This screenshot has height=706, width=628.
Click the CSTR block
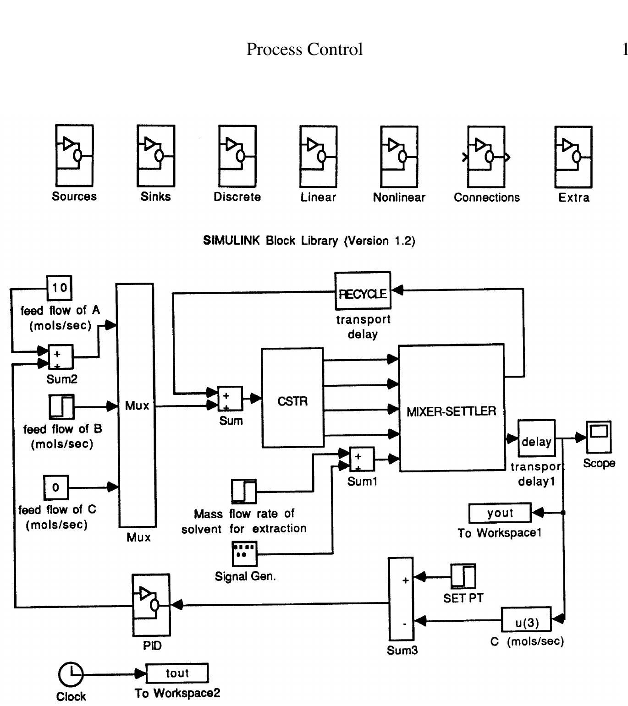coord(292,397)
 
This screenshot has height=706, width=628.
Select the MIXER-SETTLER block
coord(452,408)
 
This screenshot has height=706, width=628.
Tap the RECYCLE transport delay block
coord(363,291)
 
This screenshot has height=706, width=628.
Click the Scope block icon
coord(599,437)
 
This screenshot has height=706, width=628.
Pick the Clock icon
coord(71,674)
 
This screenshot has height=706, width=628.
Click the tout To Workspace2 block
coord(177,673)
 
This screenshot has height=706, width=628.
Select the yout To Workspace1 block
coord(500,513)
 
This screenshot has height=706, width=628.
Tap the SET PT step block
coord(463,576)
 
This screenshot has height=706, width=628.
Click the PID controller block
coord(151,605)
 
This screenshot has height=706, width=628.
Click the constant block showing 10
coord(60,288)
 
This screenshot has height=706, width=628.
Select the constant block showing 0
coord(56,487)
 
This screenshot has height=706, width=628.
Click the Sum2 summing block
coord(61,357)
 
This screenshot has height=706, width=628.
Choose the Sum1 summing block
coord(362,459)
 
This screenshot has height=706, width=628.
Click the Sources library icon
coord(74,156)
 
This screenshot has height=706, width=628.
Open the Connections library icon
coord(486,157)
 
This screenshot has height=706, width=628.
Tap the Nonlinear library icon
coord(399,157)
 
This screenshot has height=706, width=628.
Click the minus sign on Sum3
coord(404,624)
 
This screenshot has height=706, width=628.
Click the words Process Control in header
coord(304,49)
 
